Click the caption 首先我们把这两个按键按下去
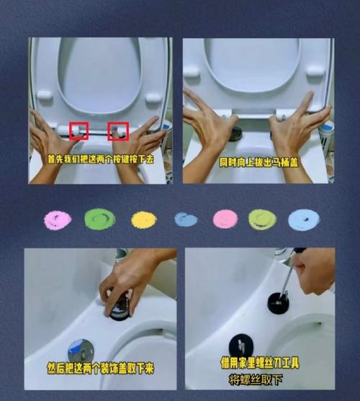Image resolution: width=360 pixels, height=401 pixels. coord(101,160)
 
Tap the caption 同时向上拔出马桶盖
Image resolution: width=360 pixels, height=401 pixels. coord(258,163)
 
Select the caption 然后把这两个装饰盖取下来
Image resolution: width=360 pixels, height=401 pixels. coord(101,369)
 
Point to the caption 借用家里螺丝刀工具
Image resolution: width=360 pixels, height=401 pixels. coord(260,363)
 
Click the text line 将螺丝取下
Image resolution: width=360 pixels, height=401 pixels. coord(256,380)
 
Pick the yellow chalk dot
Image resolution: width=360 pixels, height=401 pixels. coord(144,220)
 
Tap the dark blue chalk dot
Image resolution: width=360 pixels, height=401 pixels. coord(186,220)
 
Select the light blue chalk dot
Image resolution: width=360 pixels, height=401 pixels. coord(304,220)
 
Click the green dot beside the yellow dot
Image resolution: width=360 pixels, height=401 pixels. coord(99,219)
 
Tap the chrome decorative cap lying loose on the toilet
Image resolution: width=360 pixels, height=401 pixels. coord(81,351)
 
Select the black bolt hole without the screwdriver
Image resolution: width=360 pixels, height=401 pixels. coord(241,346)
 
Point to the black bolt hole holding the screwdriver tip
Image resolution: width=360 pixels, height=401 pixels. coord(278,302)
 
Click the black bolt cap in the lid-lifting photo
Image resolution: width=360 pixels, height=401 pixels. coord(235,133)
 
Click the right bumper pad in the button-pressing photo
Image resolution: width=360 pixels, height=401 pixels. coord(153,99)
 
